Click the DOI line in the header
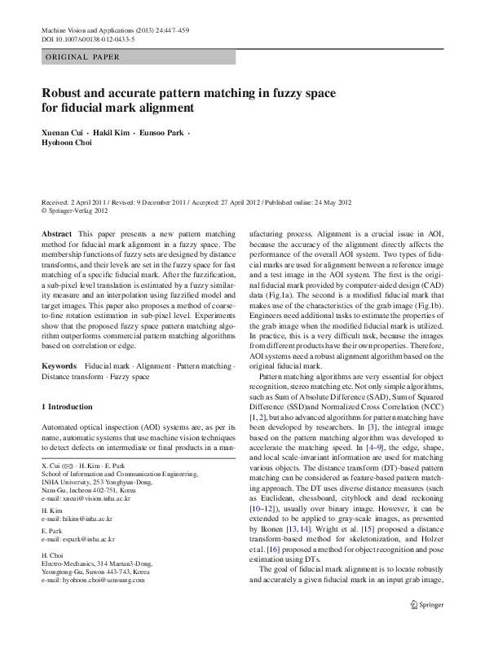[x=88, y=38]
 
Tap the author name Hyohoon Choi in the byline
[x=67, y=143]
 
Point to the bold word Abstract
[x=56, y=234]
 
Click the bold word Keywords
[x=60, y=366]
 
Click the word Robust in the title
[x=65, y=93]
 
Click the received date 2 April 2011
[x=90, y=201]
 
